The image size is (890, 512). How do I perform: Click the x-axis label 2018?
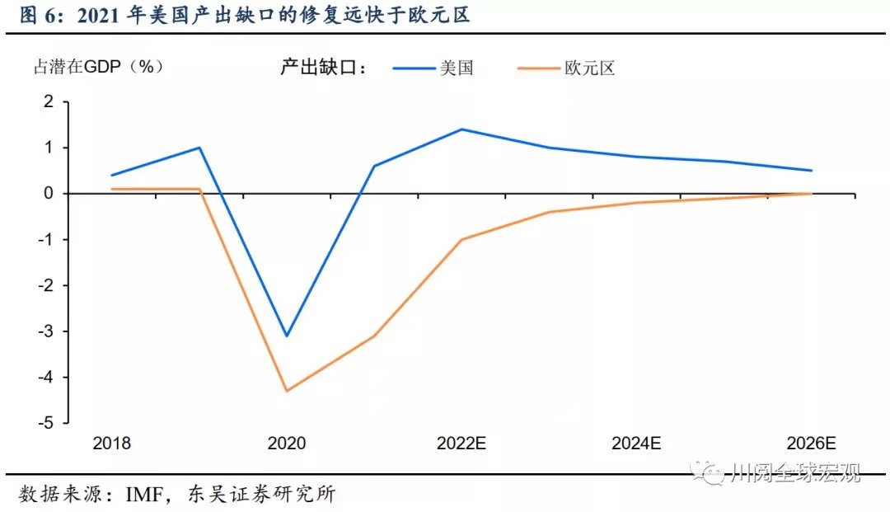111,444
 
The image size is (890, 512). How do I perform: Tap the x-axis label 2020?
286,444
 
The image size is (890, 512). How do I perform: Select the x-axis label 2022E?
461,444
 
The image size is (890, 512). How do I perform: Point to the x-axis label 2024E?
636,444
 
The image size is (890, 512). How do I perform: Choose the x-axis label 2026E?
811,444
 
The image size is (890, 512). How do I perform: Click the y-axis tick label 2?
48,101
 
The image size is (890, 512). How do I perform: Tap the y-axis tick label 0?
48,194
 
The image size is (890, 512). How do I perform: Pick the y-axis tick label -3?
44,331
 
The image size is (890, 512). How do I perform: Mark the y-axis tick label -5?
44,423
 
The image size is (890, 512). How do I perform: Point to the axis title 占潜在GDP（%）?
98,68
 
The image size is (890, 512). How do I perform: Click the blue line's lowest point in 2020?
286,336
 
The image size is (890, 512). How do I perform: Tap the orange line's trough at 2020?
286,391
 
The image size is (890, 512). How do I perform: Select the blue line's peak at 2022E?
461,129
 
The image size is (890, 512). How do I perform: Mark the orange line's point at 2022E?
461,239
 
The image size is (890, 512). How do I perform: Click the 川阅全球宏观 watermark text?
795,473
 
